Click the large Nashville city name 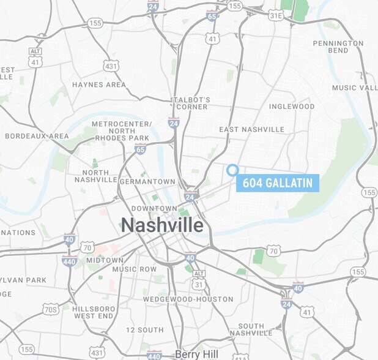tap(161, 225)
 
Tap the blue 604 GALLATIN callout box tap(278, 182)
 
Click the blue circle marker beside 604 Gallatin tap(232, 170)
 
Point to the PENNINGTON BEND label tap(338, 47)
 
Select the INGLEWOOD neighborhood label tap(292, 107)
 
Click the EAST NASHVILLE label tap(251, 129)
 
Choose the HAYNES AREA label tap(98, 84)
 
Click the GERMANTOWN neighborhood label tap(147, 182)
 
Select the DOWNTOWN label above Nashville tap(149, 209)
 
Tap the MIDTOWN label tap(105, 260)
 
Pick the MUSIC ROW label tap(135, 269)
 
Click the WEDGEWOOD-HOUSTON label tap(188, 299)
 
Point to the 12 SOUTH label tap(144, 329)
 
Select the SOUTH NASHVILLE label tap(259, 329)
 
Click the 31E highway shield tap(276, 14)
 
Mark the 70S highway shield tap(51, 309)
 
